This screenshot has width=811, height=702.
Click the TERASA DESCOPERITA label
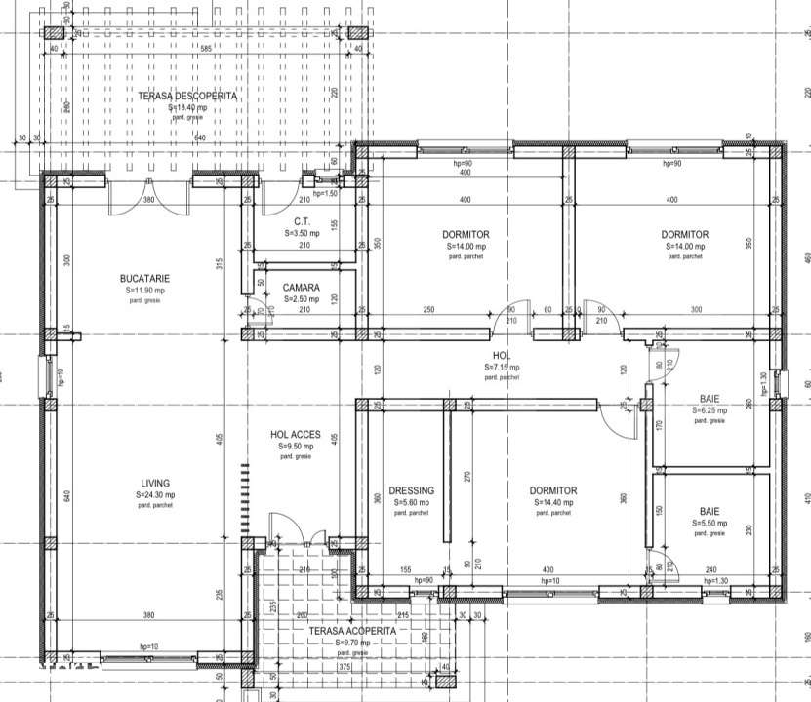click(186, 96)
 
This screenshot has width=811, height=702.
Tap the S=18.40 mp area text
click(187, 108)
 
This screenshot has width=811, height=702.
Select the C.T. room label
click(302, 222)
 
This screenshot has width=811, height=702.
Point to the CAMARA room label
click(302, 288)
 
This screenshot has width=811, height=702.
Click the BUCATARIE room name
click(144, 278)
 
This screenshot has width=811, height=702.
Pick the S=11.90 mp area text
click(144, 291)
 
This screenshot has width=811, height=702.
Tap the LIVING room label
click(155, 483)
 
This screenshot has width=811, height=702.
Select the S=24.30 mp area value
click(155, 495)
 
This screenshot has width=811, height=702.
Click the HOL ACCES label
click(296, 435)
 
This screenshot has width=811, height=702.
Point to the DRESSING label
click(411, 490)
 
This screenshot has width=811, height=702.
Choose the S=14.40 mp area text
click(553, 503)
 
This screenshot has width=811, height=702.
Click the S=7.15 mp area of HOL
click(503, 367)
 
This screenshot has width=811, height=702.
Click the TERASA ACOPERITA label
click(352, 631)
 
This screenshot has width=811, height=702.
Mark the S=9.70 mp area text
click(353, 643)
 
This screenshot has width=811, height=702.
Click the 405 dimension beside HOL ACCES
click(222, 440)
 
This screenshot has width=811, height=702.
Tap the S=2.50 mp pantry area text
click(302, 299)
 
